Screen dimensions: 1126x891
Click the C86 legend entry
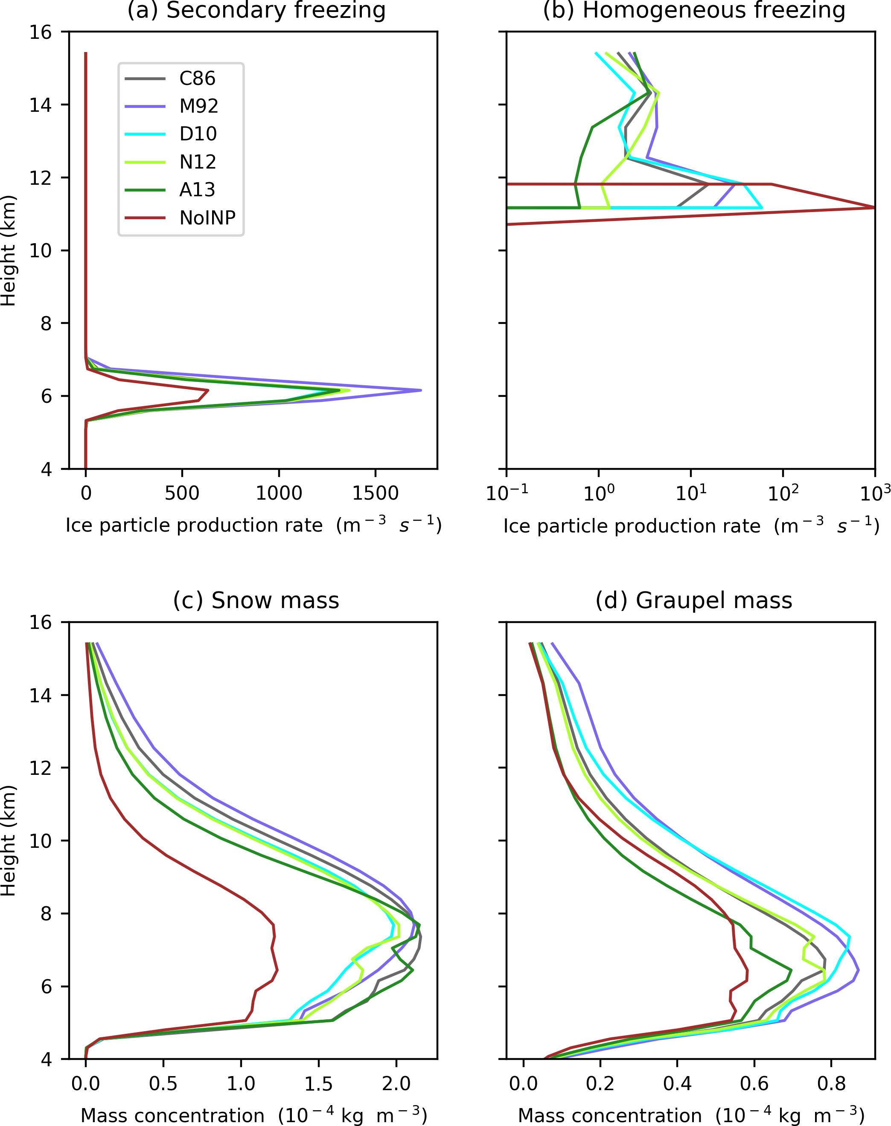pos(197,78)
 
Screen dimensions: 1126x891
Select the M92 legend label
pos(198,106)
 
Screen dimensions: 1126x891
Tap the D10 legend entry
pos(198,134)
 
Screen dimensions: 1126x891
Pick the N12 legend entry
pos(197,162)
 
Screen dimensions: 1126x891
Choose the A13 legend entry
pos(197,190)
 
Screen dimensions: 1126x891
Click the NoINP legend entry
pos(207,218)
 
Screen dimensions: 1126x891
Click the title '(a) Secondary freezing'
pos(256,10)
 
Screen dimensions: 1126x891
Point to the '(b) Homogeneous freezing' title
pos(694,10)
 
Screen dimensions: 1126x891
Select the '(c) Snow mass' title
pos(256,600)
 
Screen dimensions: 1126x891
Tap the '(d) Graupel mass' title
pos(694,600)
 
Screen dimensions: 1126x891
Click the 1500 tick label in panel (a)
pos(375,493)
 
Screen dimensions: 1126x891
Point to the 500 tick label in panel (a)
pos(182,493)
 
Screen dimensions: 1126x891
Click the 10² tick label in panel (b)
pos(783,493)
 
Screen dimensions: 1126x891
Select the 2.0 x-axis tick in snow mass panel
pos(396,1083)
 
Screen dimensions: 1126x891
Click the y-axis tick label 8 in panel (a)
pos(47,323)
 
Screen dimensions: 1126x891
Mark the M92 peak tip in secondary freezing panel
pos(420,390)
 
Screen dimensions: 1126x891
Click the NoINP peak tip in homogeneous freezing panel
pos(874,207)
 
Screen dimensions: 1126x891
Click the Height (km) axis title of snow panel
pos(9,841)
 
